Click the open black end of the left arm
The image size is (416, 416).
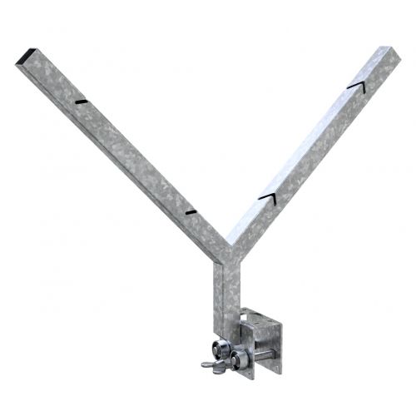point(26,57)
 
